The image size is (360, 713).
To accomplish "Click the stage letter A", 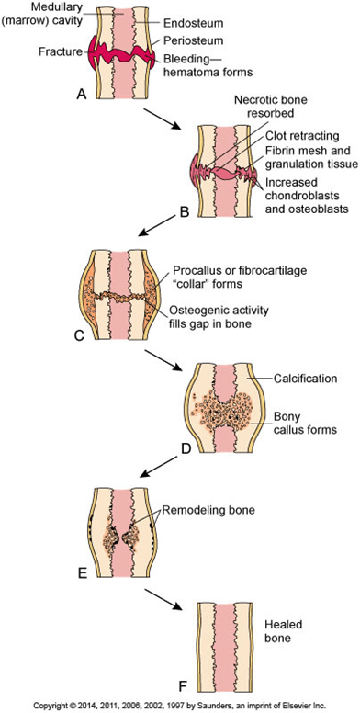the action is [82, 94].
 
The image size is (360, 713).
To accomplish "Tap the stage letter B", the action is [183, 211].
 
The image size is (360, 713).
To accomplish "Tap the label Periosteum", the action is [186, 41].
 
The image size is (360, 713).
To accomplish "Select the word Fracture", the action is [60, 52].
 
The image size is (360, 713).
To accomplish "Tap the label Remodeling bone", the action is [208, 510].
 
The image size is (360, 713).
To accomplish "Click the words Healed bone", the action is [277, 631].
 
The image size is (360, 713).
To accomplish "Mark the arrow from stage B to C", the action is [157, 226].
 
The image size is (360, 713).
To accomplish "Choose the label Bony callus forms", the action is [306, 423].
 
